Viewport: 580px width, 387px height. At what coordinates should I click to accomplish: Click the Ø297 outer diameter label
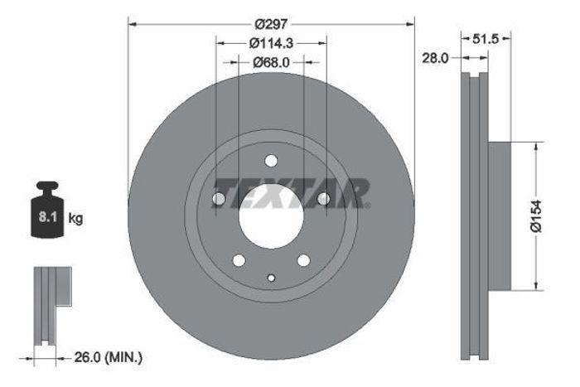(x=271, y=24)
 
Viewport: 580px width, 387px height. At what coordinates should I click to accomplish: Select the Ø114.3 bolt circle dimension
(x=271, y=43)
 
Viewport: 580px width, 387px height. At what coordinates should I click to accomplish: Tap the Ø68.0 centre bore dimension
(x=271, y=62)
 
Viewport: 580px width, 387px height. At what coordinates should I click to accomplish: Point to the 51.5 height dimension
(x=486, y=38)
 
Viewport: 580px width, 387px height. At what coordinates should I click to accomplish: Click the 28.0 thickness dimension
(x=435, y=58)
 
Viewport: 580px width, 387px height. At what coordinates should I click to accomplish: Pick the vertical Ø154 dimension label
(x=536, y=216)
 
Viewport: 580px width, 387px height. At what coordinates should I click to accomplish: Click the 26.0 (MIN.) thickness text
(x=108, y=357)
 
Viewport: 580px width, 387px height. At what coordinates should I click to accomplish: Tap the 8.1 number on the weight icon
(x=48, y=217)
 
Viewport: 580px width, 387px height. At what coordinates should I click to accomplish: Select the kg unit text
(x=75, y=219)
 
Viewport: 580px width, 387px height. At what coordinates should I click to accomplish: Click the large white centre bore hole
(x=271, y=216)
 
